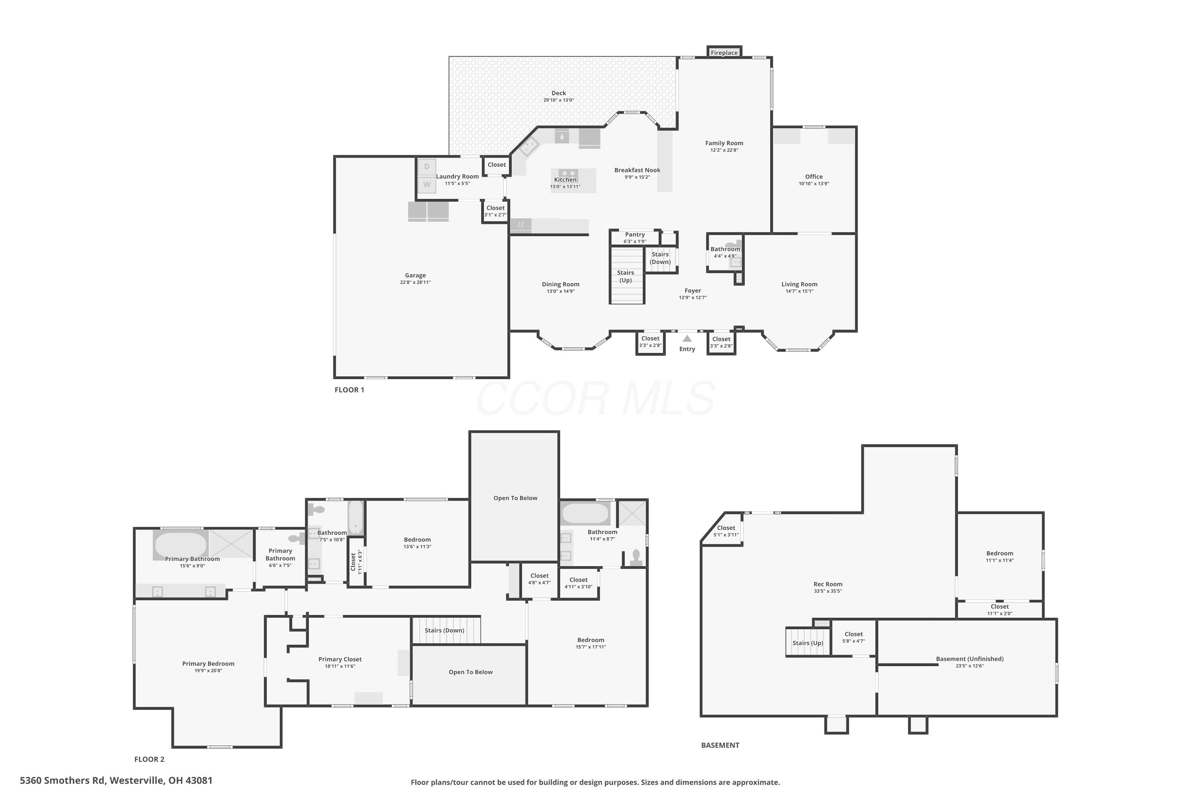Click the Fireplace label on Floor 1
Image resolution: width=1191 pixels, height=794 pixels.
pyautogui.click(x=724, y=53)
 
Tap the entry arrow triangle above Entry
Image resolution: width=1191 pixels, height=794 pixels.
pyautogui.click(x=687, y=338)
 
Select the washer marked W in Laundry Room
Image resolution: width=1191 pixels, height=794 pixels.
pyautogui.click(x=427, y=184)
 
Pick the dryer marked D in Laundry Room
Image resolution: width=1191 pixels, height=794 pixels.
pyautogui.click(x=427, y=167)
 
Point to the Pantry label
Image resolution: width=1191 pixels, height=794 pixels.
pyautogui.click(x=635, y=235)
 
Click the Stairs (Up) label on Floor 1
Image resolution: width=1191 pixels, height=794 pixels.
pyautogui.click(x=626, y=276)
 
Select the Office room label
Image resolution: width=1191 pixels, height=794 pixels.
pyautogui.click(x=814, y=177)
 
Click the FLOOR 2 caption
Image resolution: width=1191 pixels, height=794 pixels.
pyautogui.click(x=149, y=759)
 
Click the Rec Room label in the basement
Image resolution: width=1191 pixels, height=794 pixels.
pyautogui.click(x=828, y=584)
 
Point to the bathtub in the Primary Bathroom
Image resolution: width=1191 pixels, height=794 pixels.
pyautogui.click(x=181, y=545)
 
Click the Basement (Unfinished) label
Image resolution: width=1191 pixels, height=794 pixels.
pyautogui.click(x=970, y=659)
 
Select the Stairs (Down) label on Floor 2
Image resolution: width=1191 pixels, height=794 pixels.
pyautogui.click(x=445, y=630)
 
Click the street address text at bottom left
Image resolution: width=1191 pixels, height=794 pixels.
pyautogui.click(x=116, y=781)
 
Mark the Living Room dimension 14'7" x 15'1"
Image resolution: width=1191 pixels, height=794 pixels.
pyautogui.click(x=799, y=291)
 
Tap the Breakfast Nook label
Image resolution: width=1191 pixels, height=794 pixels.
pyautogui.click(x=637, y=170)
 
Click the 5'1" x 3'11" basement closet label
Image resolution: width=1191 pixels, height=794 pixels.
pyautogui.click(x=726, y=535)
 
